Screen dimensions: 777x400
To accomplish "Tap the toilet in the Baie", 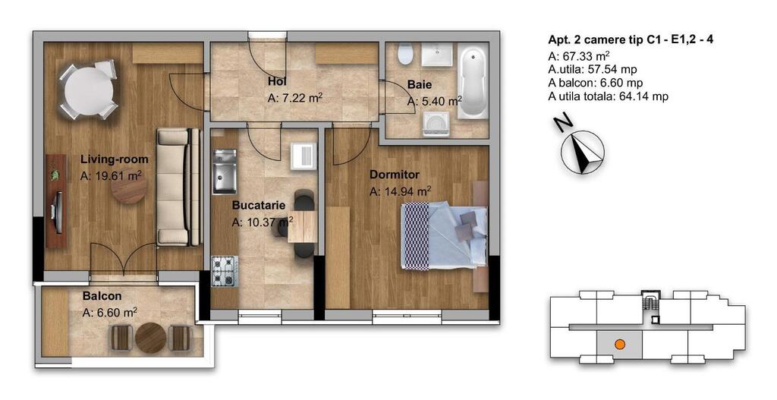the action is [406, 54].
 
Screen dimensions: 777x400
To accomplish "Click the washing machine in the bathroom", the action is [436, 124].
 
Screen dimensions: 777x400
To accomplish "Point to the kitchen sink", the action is [225, 172].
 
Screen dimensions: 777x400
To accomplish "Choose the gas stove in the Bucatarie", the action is [225, 271].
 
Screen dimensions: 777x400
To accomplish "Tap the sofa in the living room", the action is [179, 187].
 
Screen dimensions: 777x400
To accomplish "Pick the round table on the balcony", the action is [150, 338].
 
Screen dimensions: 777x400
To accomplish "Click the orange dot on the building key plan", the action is [619, 344].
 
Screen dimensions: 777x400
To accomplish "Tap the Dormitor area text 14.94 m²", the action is [401, 191].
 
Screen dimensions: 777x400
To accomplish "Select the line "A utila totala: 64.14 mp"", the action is [608, 96].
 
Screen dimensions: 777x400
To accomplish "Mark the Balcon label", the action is [102, 296].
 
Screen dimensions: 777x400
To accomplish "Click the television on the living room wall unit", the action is [56, 212].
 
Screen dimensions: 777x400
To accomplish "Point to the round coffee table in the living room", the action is [129, 187].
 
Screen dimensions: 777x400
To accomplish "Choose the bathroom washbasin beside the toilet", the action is [436, 54].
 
